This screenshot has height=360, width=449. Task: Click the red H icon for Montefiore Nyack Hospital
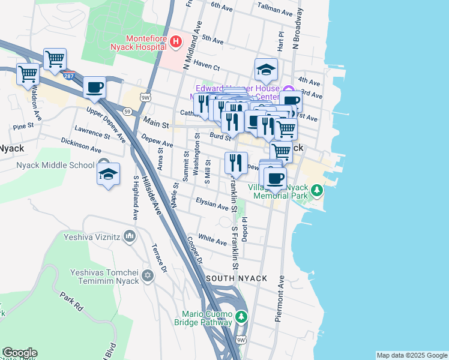[176, 41]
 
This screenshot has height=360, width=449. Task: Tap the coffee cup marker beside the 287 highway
[95, 88]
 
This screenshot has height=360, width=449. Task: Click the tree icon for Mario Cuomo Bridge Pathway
[241, 316]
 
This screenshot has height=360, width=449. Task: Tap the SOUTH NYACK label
[232, 280]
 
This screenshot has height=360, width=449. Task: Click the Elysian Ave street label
[212, 205]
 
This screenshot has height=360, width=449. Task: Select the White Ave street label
[212, 239]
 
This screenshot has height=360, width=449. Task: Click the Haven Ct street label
[206, 67]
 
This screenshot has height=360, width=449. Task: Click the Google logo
[20, 353]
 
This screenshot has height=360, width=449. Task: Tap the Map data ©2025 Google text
[412, 355]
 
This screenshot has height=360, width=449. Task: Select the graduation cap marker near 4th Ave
[265, 71]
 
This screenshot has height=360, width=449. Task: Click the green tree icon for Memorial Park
[318, 191]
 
